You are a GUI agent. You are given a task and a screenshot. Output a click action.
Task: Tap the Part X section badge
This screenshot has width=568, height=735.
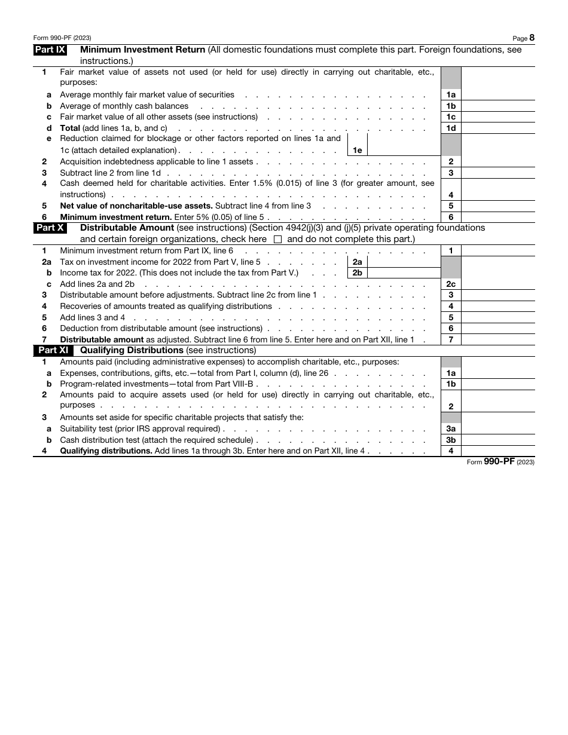(x=50, y=228)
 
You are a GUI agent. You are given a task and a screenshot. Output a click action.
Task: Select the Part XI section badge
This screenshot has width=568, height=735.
(x=53, y=350)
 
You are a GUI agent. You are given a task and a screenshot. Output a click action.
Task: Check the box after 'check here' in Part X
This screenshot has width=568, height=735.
(x=277, y=240)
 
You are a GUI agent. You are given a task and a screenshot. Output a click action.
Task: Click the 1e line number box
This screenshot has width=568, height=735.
(x=357, y=151)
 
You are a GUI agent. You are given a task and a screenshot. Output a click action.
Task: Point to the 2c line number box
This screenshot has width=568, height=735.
(x=451, y=284)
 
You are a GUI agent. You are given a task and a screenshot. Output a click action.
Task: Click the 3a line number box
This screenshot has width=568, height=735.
(x=451, y=428)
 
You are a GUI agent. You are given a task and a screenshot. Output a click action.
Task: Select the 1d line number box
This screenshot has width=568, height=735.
(x=451, y=128)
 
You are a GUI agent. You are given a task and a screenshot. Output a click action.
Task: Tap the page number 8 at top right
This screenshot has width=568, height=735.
(x=532, y=37)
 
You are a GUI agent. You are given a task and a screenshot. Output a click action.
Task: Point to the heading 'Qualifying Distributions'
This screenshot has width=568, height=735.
(x=132, y=350)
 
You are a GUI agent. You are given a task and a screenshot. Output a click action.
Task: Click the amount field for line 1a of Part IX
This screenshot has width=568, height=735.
(x=497, y=95)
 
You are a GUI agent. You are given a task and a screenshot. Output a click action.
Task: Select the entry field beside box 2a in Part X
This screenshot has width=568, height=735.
(x=404, y=262)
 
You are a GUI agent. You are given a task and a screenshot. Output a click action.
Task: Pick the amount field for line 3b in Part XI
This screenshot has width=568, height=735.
(x=497, y=440)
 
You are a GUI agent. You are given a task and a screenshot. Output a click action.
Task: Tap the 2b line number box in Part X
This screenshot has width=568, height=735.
(x=357, y=273)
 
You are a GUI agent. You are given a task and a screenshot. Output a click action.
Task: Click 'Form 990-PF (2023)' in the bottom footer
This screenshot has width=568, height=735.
(x=500, y=461)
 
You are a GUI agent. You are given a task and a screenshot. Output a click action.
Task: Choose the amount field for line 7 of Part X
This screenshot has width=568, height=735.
(x=497, y=339)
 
